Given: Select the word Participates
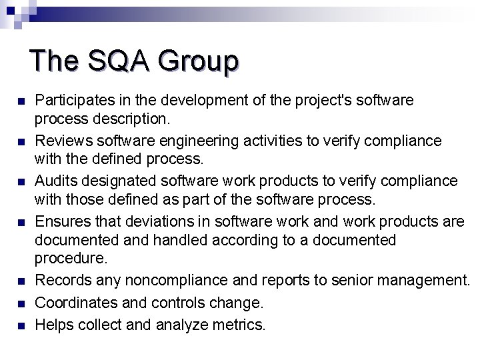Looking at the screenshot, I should pos(73,101).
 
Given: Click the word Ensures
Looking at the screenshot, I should pos(61,221).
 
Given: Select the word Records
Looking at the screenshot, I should pos(61,282).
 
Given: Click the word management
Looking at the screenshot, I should pos(425,282).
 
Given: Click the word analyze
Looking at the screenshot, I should pos(181,325).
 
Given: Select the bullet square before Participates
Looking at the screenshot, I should pos(20,102).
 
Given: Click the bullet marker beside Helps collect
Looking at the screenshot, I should pos(20,326).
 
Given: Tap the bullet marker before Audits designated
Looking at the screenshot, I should pos(20,182).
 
